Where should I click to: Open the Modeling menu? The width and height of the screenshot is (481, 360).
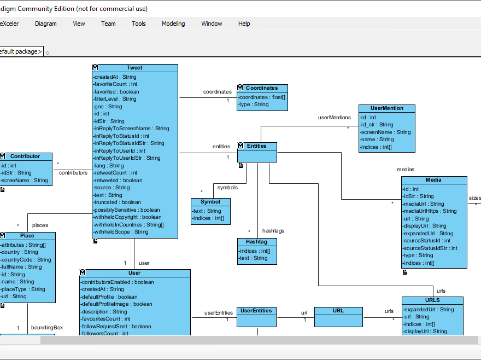173,24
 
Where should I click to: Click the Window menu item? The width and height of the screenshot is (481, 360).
212,24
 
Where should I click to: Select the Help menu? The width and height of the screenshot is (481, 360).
244,24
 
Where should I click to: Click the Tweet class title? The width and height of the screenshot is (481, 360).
134,68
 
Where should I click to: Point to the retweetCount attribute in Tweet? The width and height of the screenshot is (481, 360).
115,173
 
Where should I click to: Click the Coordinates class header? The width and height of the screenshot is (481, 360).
262,88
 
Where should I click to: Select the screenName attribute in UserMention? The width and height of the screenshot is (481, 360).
385,132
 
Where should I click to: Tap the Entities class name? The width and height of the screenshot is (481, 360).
257,146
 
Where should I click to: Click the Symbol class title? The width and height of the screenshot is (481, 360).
210,202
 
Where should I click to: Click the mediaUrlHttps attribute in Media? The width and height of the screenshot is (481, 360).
429,211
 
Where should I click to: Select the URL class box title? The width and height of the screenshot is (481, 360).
338,311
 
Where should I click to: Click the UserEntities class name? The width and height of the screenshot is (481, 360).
256,311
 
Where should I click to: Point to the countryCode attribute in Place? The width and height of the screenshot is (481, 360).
25,260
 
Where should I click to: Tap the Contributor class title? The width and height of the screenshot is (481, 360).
25,156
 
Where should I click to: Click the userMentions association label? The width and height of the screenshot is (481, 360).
335,118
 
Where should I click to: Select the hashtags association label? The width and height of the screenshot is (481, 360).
273,231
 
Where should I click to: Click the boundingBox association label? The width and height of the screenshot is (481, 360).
46,328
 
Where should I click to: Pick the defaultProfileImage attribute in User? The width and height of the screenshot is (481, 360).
116,304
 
